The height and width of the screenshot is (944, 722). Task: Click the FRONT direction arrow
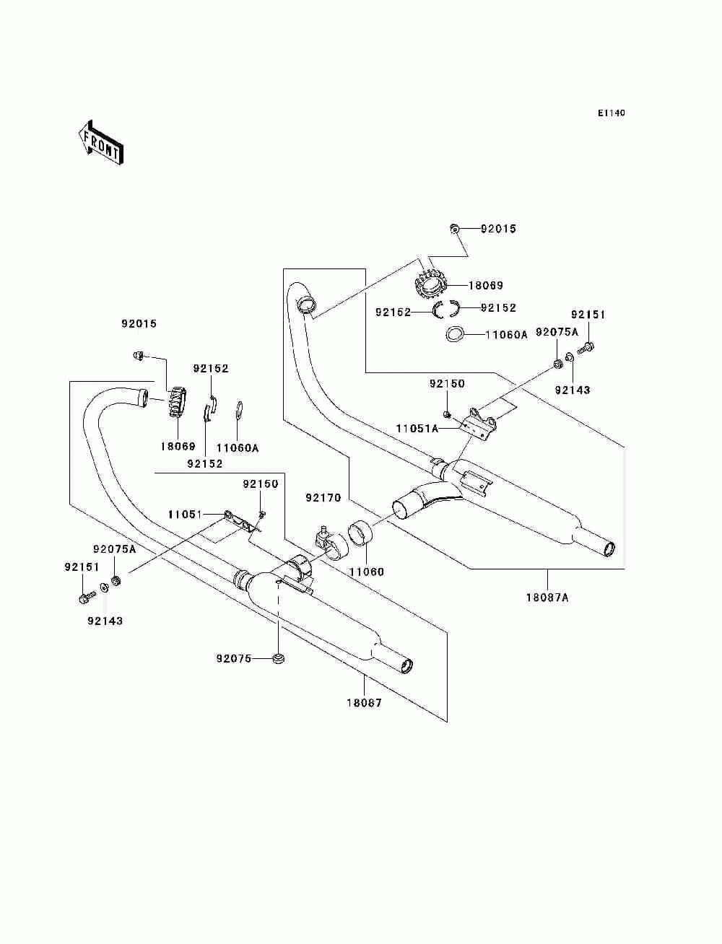pyautogui.click(x=100, y=142)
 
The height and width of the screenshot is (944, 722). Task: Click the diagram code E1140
pyautogui.click(x=611, y=113)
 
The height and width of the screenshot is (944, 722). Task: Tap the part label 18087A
pyautogui.click(x=547, y=598)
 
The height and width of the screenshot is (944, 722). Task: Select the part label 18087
pyautogui.click(x=365, y=703)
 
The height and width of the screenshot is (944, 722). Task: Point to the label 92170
pyautogui.click(x=323, y=497)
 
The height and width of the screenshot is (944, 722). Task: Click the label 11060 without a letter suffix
pyautogui.click(x=366, y=572)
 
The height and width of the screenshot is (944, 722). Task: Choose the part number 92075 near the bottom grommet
pyautogui.click(x=234, y=658)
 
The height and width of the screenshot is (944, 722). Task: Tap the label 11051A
pyautogui.click(x=417, y=429)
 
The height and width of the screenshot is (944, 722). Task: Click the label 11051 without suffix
pyautogui.click(x=185, y=515)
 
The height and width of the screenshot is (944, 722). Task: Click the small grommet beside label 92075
pyautogui.click(x=279, y=659)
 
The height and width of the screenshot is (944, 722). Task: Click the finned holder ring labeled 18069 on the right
pyautogui.click(x=431, y=285)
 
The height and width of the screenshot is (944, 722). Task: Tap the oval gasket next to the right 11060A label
pyautogui.click(x=454, y=334)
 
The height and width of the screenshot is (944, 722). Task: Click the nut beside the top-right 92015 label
pyautogui.click(x=455, y=228)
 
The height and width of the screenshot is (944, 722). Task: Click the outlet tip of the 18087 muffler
pyautogui.click(x=406, y=665)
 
